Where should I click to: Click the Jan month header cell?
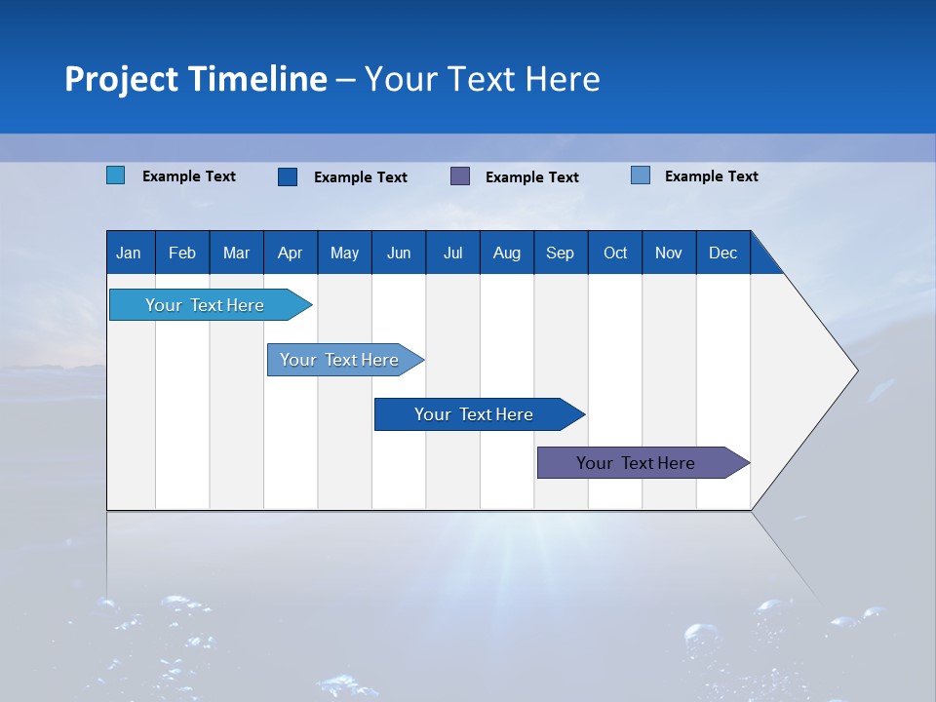[130, 253]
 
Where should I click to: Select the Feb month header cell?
[182, 253]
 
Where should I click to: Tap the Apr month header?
[291, 253]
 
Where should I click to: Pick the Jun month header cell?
[399, 253]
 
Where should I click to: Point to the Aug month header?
[507, 253]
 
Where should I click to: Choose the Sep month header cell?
[561, 253]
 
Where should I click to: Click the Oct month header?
[615, 253]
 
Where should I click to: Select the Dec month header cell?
[723, 253]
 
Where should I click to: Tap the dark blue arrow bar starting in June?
[475, 414]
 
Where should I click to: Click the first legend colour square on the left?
[116, 175]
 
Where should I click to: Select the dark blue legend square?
[288, 176]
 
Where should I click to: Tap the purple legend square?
[460, 176]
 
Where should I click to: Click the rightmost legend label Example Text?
[711, 176]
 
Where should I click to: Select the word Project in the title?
[121, 79]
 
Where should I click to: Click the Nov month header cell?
[669, 253]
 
